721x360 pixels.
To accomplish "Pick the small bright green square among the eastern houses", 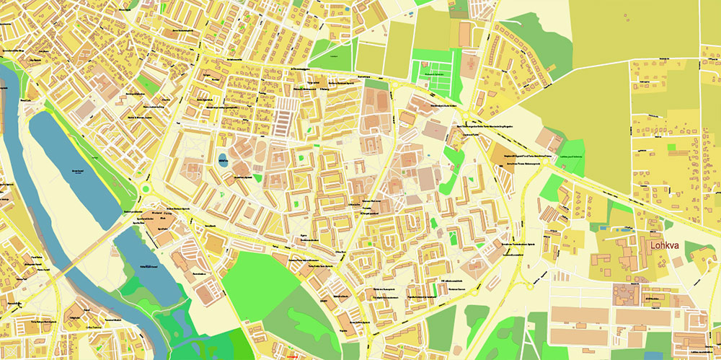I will pyautogui.click(x=672, y=147).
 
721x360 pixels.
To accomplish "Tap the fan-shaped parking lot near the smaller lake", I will pyautogui.click(x=184, y=254).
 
